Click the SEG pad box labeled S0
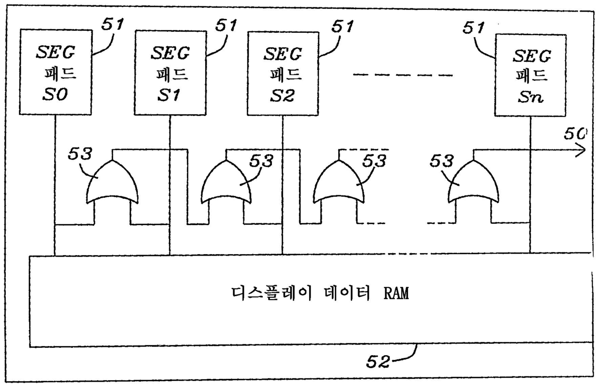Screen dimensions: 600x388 click(x=56, y=72)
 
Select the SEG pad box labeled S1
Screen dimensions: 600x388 click(x=170, y=73)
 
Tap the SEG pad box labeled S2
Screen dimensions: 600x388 click(x=283, y=74)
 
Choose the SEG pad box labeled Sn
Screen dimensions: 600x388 click(x=530, y=75)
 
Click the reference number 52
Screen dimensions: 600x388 click(x=378, y=362)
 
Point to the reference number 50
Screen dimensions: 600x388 click(x=576, y=134)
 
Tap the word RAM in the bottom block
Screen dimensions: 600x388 click(x=396, y=293)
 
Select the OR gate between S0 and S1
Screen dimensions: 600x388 click(x=112, y=183)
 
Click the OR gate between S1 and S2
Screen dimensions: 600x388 click(x=226, y=183)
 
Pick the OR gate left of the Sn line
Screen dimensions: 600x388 click(x=474, y=183)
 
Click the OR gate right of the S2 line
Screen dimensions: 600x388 click(x=339, y=183)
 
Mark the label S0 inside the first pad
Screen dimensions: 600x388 click(x=55, y=94)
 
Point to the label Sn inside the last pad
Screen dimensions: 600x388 click(x=530, y=97)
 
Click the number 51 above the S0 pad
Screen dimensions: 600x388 click(x=112, y=24)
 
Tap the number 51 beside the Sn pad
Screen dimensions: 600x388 click(x=474, y=28)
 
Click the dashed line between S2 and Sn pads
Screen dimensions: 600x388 click(x=403, y=75)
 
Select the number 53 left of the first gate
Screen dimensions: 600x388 click(x=80, y=153)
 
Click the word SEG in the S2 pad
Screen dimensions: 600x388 click(x=283, y=54)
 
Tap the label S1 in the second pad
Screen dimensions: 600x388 click(x=169, y=95)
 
